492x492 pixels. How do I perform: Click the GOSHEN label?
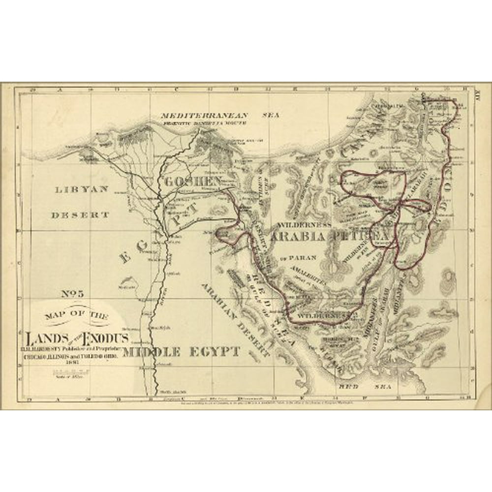point(193,181)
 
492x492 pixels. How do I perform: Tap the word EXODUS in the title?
point(106,338)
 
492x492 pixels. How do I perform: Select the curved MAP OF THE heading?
point(79,315)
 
